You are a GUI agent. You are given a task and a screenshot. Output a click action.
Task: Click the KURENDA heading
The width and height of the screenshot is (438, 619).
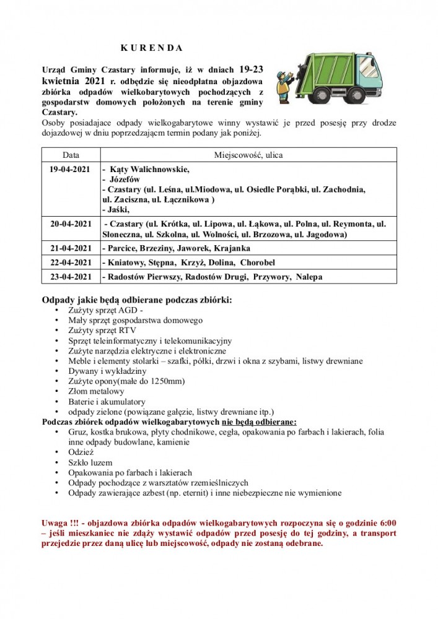(151, 48)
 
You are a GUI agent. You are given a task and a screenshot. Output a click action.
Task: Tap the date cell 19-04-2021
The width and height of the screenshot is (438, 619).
(71, 170)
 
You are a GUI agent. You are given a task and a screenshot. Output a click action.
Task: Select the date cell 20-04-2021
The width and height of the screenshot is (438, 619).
(71, 223)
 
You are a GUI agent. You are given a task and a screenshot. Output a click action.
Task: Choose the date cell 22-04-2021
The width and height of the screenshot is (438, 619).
(71, 262)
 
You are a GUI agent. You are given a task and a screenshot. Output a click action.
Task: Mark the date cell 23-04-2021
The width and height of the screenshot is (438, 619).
(71, 277)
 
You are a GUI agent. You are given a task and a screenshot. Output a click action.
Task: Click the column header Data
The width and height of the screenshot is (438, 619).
(71, 155)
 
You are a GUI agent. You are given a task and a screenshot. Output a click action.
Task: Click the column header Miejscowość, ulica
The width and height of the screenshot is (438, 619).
(248, 155)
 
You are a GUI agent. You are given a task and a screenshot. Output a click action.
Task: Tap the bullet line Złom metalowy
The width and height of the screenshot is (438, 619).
(97, 391)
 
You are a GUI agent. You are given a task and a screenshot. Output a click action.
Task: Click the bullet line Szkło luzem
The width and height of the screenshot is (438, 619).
(90, 462)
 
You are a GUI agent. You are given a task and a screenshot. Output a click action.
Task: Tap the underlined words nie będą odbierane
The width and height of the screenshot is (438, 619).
(259, 422)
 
